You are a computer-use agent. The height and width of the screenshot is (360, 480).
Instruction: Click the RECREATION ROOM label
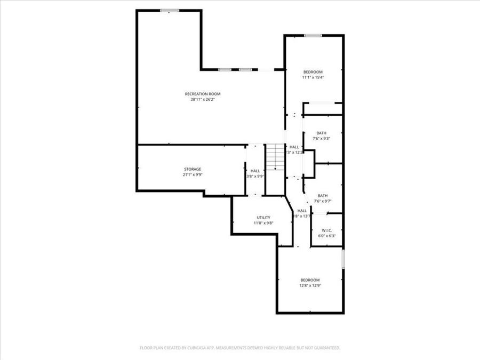coord(203,94)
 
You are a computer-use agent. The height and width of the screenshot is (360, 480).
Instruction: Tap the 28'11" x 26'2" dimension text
coord(203,99)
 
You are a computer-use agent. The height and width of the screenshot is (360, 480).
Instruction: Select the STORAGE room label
coord(193,169)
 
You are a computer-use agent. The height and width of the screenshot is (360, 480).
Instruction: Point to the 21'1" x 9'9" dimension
coord(193,174)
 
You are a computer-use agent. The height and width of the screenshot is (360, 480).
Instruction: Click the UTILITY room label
coord(263,218)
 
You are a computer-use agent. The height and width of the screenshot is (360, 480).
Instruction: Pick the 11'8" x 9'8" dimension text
coord(263,223)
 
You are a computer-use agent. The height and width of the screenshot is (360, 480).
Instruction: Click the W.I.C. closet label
coord(326,230)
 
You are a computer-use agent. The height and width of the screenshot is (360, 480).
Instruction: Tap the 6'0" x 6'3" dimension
coord(326,235)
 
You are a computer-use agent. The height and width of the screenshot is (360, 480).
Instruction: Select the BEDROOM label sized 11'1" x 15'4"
coord(313,72)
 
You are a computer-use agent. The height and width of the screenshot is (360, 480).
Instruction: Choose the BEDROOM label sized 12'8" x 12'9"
coord(310,280)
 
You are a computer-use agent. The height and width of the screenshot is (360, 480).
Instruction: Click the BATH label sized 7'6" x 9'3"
coord(321,133)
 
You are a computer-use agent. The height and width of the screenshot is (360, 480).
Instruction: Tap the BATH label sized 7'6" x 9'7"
coord(322,196)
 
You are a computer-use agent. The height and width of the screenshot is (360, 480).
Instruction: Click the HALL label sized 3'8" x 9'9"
coord(255,171)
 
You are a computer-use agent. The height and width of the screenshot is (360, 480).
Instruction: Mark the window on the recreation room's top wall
coord(170,10)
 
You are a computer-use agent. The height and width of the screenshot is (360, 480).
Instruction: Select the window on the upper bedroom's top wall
coord(313,36)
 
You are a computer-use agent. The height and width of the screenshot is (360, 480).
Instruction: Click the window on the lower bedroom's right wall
coord(343,259)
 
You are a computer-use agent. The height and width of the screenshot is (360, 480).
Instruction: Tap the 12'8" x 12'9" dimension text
coord(310,285)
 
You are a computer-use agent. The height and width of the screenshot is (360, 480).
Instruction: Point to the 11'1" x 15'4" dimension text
coord(313,77)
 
